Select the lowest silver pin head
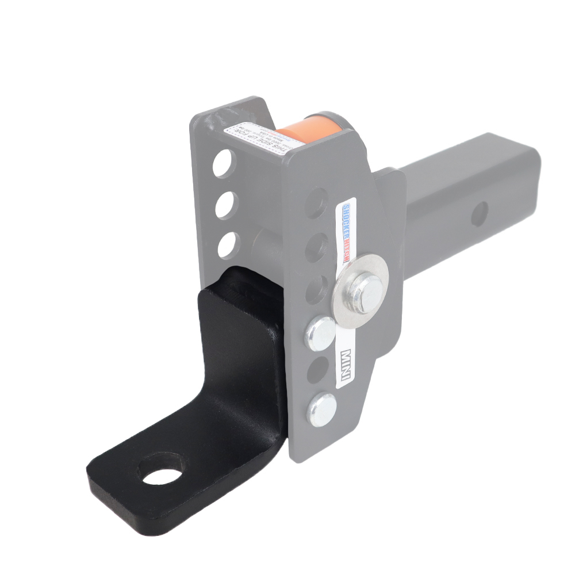click(x=321, y=408)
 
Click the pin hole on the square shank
click(x=480, y=214)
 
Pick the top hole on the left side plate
click(x=224, y=163)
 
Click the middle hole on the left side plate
click(x=226, y=204)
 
